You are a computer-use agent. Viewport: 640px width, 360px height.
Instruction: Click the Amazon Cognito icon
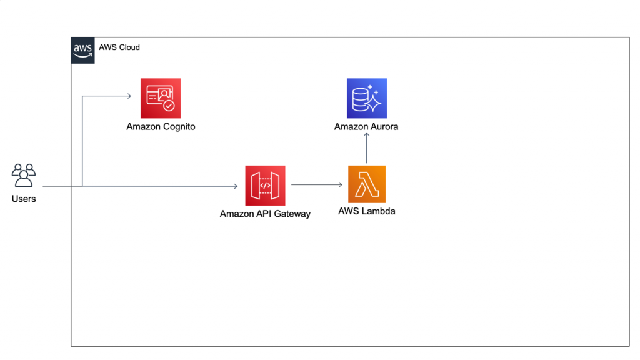point(161,98)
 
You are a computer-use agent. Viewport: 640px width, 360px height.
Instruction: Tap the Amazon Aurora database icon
point(367,98)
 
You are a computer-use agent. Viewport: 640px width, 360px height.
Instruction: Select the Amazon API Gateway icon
point(265,186)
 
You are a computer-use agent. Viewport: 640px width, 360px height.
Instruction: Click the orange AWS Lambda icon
point(367,184)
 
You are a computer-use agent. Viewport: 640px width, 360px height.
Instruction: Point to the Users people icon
point(24,176)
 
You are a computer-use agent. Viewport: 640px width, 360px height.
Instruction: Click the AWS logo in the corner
point(83,49)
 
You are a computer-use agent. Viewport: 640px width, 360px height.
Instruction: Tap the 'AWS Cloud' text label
point(119,47)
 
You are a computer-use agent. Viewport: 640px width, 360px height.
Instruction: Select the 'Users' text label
point(24,199)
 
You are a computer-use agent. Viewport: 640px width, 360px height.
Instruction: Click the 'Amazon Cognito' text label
point(161,127)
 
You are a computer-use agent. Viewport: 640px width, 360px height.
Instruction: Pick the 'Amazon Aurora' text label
point(366,127)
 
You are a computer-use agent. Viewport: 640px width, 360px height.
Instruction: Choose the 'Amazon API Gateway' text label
point(265,214)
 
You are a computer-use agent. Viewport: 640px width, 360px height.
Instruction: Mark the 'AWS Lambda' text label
point(366,211)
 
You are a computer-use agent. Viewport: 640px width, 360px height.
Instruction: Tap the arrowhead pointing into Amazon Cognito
point(128,96)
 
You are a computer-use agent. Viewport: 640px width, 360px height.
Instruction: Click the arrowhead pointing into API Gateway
point(235,186)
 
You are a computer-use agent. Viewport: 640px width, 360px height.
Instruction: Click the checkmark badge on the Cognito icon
point(169,106)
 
